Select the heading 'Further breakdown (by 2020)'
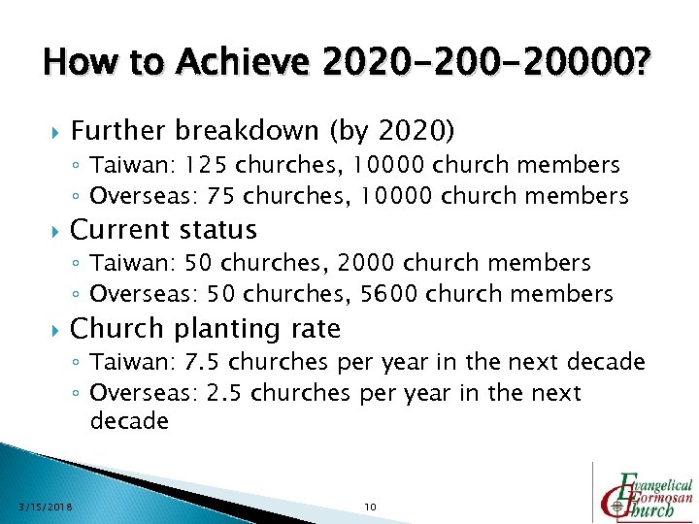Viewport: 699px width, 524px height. (x=262, y=130)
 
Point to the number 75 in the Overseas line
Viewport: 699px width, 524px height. (x=224, y=195)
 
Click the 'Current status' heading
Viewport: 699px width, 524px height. (x=164, y=230)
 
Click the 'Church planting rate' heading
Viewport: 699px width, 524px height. (x=206, y=329)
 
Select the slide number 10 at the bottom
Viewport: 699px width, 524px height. (x=369, y=507)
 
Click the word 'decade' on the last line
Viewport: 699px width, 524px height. (x=129, y=422)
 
